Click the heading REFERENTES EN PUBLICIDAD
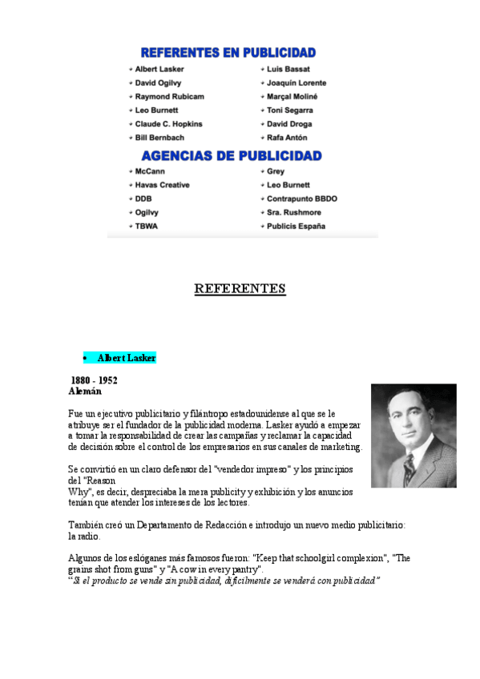pyautogui.click(x=228, y=53)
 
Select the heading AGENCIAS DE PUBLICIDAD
pyautogui.click(x=232, y=155)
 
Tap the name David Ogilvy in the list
pyautogui.click(x=158, y=82)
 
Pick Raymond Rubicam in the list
pyautogui.click(x=169, y=96)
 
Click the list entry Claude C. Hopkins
pyautogui.click(x=168, y=124)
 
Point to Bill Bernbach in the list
pyautogui.click(x=159, y=138)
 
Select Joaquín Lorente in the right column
pyautogui.click(x=296, y=82)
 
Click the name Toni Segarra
pyautogui.click(x=290, y=110)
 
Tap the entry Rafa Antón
pyautogui.click(x=287, y=138)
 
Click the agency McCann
pyautogui.click(x=151, y=171)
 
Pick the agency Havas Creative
pyautogui.click(x=162, y=185)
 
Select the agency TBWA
pyautogui.click(x=147, y=227)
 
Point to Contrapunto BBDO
pyautogui.click(x=302, y=199)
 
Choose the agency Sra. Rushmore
pyautogui.click(x=293, y=212)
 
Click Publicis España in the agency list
pyautogui.click(x=296, y=227)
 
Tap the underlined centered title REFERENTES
pyautogui.click(x=240, y=288)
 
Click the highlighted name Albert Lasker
pyautogui.click(x=127, y=358)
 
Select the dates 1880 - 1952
pyautogui.click(x=94, y=380)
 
